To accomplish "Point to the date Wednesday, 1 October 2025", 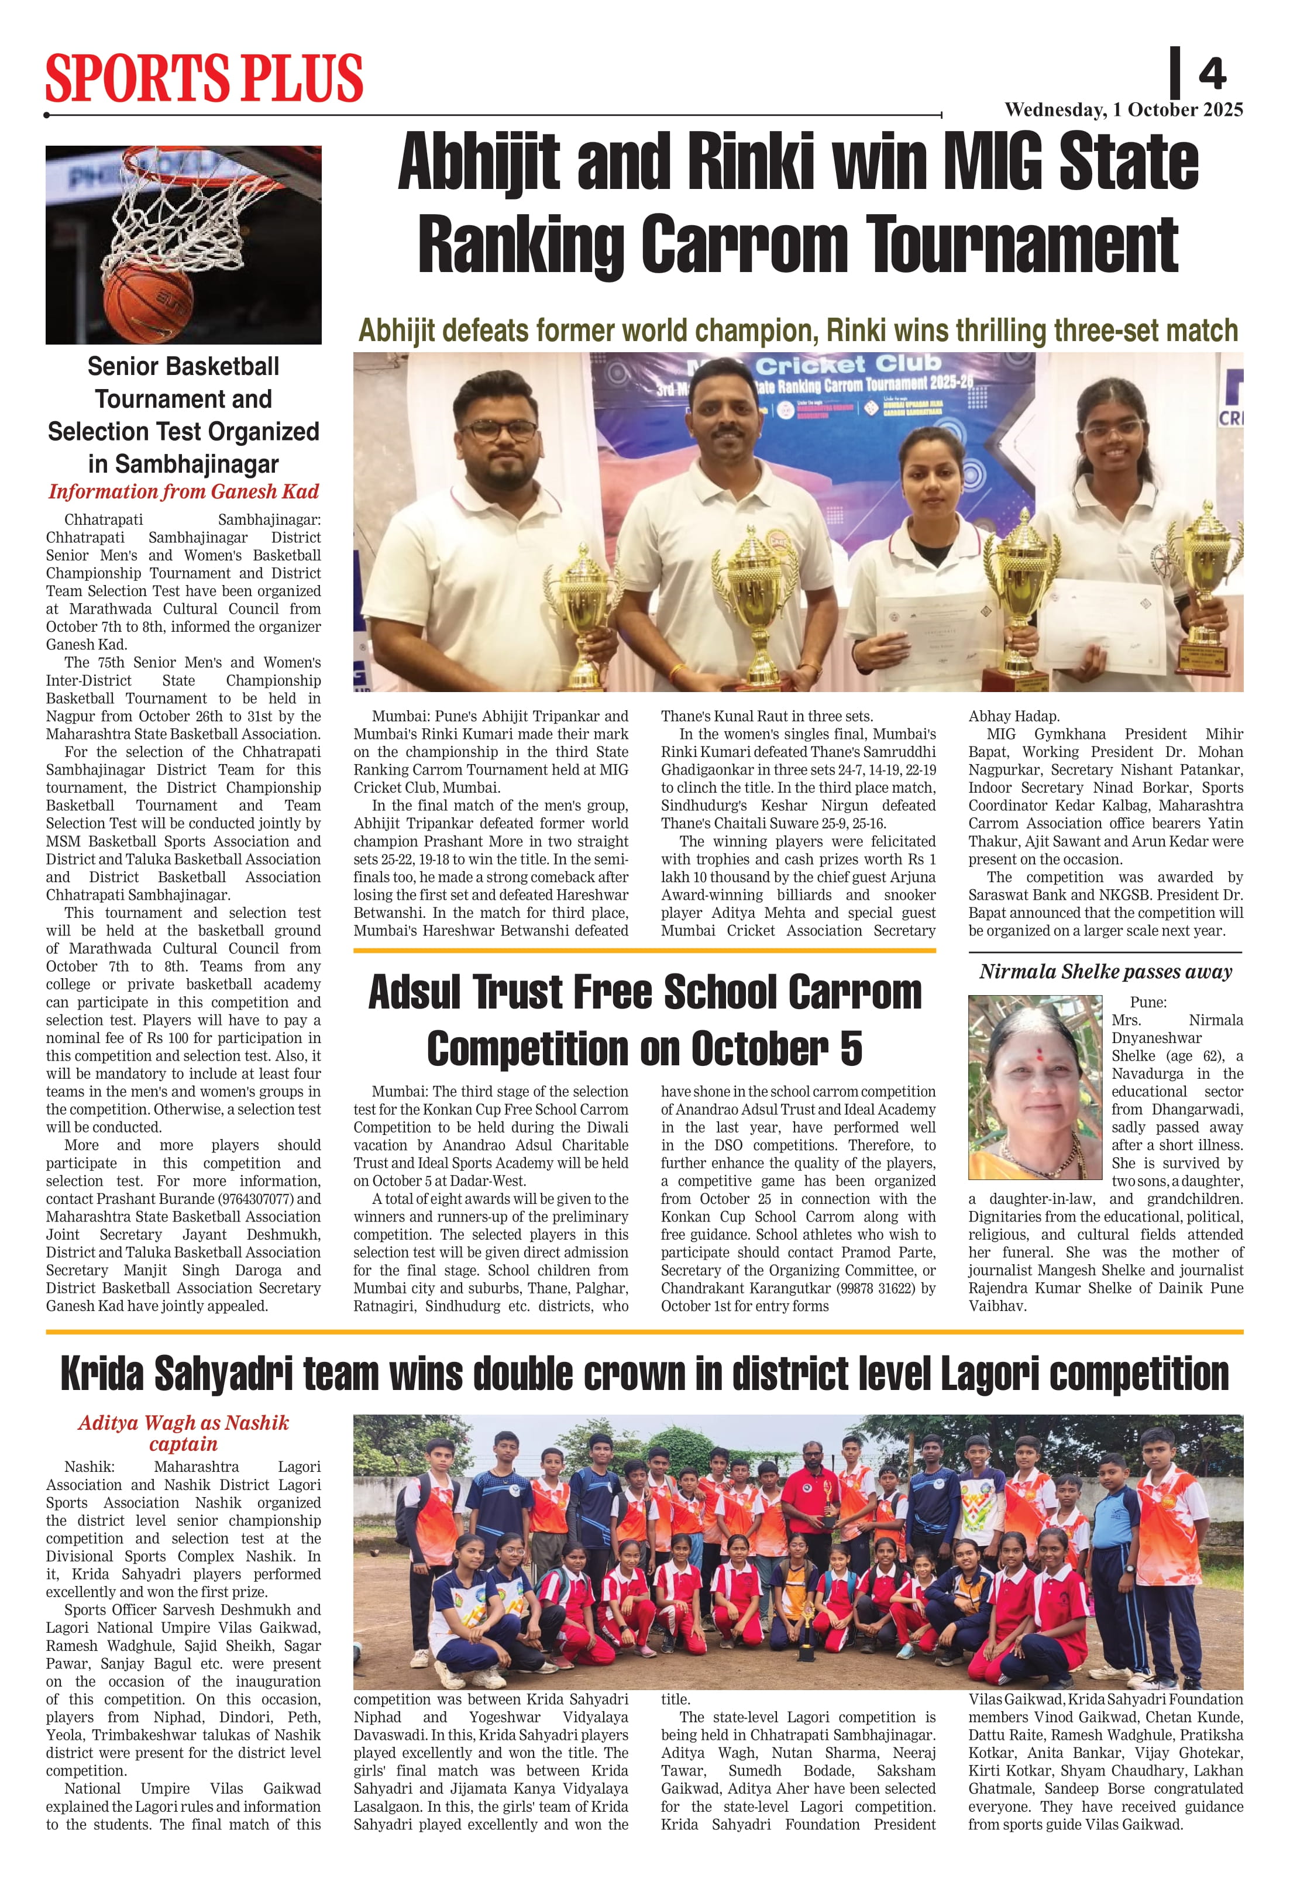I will pos(1123,110).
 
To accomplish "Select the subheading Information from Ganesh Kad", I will pos(183,492).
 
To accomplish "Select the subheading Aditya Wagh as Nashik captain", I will pos(183,1433).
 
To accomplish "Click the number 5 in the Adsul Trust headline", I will pos(850,1048).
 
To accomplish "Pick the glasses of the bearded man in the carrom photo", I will pos(497,430).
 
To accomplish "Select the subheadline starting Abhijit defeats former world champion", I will pos(797,331).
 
